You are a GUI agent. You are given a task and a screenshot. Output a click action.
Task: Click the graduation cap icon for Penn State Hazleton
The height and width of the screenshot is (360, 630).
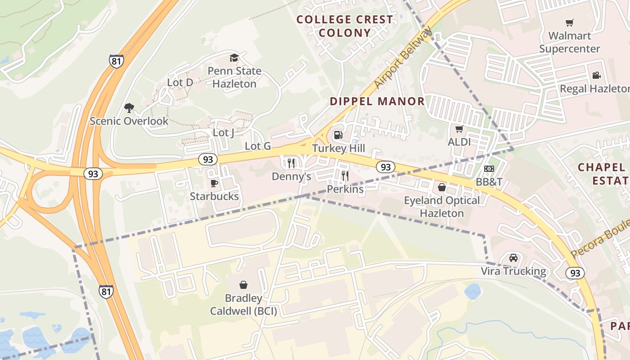(234, 58)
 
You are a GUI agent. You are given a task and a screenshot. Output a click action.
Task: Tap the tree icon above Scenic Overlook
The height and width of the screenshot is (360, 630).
(129, 108)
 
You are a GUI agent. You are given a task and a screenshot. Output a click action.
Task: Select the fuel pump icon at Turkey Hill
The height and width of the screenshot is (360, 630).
(338, 135)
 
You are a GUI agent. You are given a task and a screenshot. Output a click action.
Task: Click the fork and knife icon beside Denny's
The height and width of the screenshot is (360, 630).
(291, 163)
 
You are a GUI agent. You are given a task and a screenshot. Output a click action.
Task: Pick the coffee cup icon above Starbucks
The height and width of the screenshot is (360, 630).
(214, 183)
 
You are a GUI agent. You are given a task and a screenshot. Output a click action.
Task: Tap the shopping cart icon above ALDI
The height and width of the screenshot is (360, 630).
(459, 129)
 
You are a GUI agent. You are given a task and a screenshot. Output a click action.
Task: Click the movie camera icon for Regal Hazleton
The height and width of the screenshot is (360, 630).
(596, 76)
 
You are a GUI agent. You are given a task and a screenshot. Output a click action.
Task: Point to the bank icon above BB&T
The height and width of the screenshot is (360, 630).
(489, 169)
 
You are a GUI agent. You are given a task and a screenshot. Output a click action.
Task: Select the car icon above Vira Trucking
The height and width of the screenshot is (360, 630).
(513, 258)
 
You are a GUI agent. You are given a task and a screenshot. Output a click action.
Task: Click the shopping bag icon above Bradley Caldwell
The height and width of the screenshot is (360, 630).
(243, 285)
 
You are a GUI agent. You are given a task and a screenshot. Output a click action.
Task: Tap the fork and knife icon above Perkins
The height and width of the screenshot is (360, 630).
(345, 175)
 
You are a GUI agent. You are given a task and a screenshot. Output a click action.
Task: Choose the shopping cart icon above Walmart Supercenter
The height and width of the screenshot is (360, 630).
(570, 22)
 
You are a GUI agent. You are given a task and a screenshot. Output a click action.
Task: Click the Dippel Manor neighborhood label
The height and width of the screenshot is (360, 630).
(377, 101)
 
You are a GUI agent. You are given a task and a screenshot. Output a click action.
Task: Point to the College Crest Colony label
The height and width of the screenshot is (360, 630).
(345, 26)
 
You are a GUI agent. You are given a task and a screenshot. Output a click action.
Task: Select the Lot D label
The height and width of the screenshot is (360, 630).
(180, 82)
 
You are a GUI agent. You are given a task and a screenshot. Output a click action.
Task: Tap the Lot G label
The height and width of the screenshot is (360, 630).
(257, 146)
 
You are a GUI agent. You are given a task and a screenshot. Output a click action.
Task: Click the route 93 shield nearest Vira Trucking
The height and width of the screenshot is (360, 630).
(575, 273)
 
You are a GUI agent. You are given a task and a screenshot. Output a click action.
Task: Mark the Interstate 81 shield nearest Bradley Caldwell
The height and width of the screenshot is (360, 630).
(106, 292)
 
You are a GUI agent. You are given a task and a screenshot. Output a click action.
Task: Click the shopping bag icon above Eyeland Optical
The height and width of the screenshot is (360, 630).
(442, 187)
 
